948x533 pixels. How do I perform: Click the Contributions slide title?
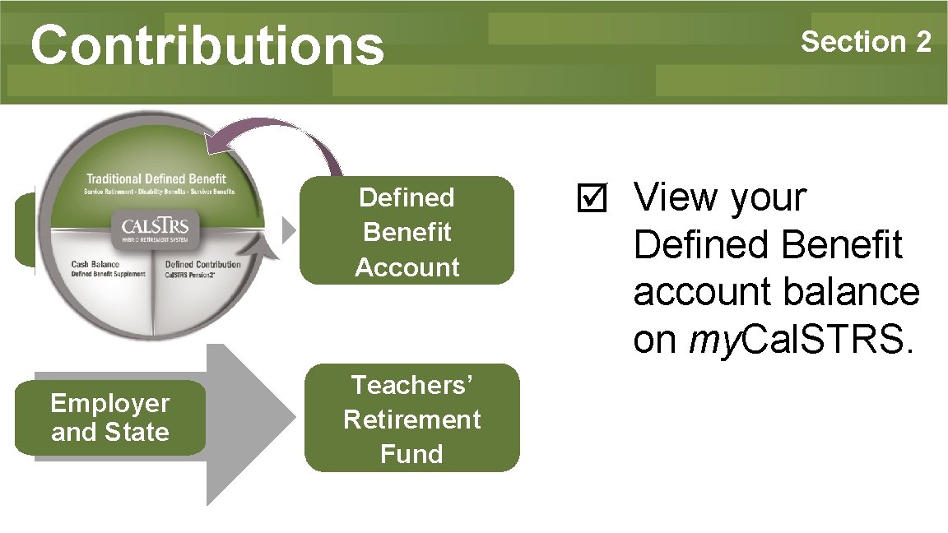pos(207,44)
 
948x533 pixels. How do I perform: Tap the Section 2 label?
pos(866,41)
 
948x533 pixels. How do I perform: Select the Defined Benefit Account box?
pos(407,231)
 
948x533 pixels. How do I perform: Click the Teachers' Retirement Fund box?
pos(411,419)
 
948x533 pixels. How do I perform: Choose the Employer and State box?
pos(109,418)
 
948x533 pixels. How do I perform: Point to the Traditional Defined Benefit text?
pos(156,178)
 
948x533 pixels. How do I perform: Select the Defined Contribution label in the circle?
pos(202,264)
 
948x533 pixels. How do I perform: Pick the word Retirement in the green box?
pos(411,419)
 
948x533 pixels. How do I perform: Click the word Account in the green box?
pos(407,267)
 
